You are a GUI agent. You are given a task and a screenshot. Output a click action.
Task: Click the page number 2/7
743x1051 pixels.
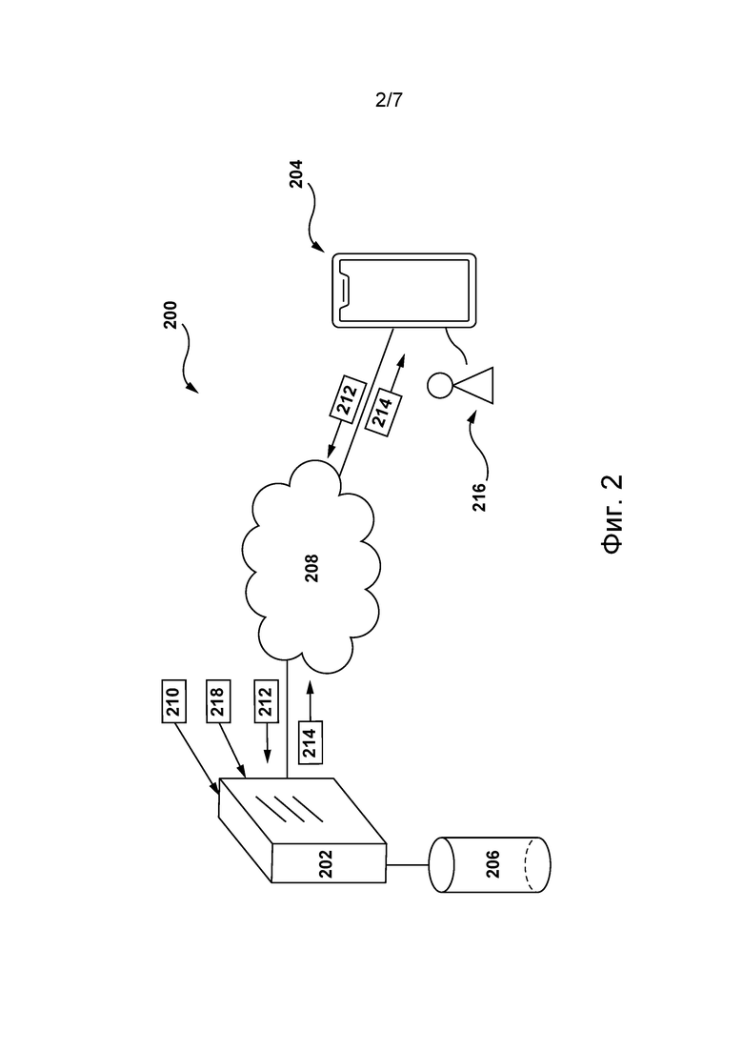tap(389, 101)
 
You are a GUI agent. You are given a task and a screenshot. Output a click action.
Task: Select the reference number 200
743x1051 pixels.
tap(171, 315)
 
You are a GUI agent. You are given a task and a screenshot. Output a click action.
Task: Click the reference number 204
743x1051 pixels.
tap(296, 173)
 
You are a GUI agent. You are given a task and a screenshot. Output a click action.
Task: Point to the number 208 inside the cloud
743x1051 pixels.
tap(312, 568)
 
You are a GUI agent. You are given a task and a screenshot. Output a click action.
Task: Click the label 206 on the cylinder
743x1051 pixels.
tap(492, 864)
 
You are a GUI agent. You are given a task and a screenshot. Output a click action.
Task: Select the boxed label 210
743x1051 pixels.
tap(172, 702)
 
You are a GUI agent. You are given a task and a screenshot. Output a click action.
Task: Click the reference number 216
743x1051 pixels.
tap(479, 497)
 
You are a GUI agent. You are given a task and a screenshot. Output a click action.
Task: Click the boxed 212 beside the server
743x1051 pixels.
tap(266, 702)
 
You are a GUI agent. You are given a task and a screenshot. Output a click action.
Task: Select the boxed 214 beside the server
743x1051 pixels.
tap(311, 742)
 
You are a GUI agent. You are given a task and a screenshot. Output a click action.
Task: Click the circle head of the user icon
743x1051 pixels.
tap(440, 385)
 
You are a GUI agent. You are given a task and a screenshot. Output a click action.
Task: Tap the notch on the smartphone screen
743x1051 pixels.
tap(344, 291)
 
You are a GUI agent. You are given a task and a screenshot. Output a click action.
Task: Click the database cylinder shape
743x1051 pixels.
tap(490, 864)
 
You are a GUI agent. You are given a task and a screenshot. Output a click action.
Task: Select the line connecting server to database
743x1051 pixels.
tap(408, 864)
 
